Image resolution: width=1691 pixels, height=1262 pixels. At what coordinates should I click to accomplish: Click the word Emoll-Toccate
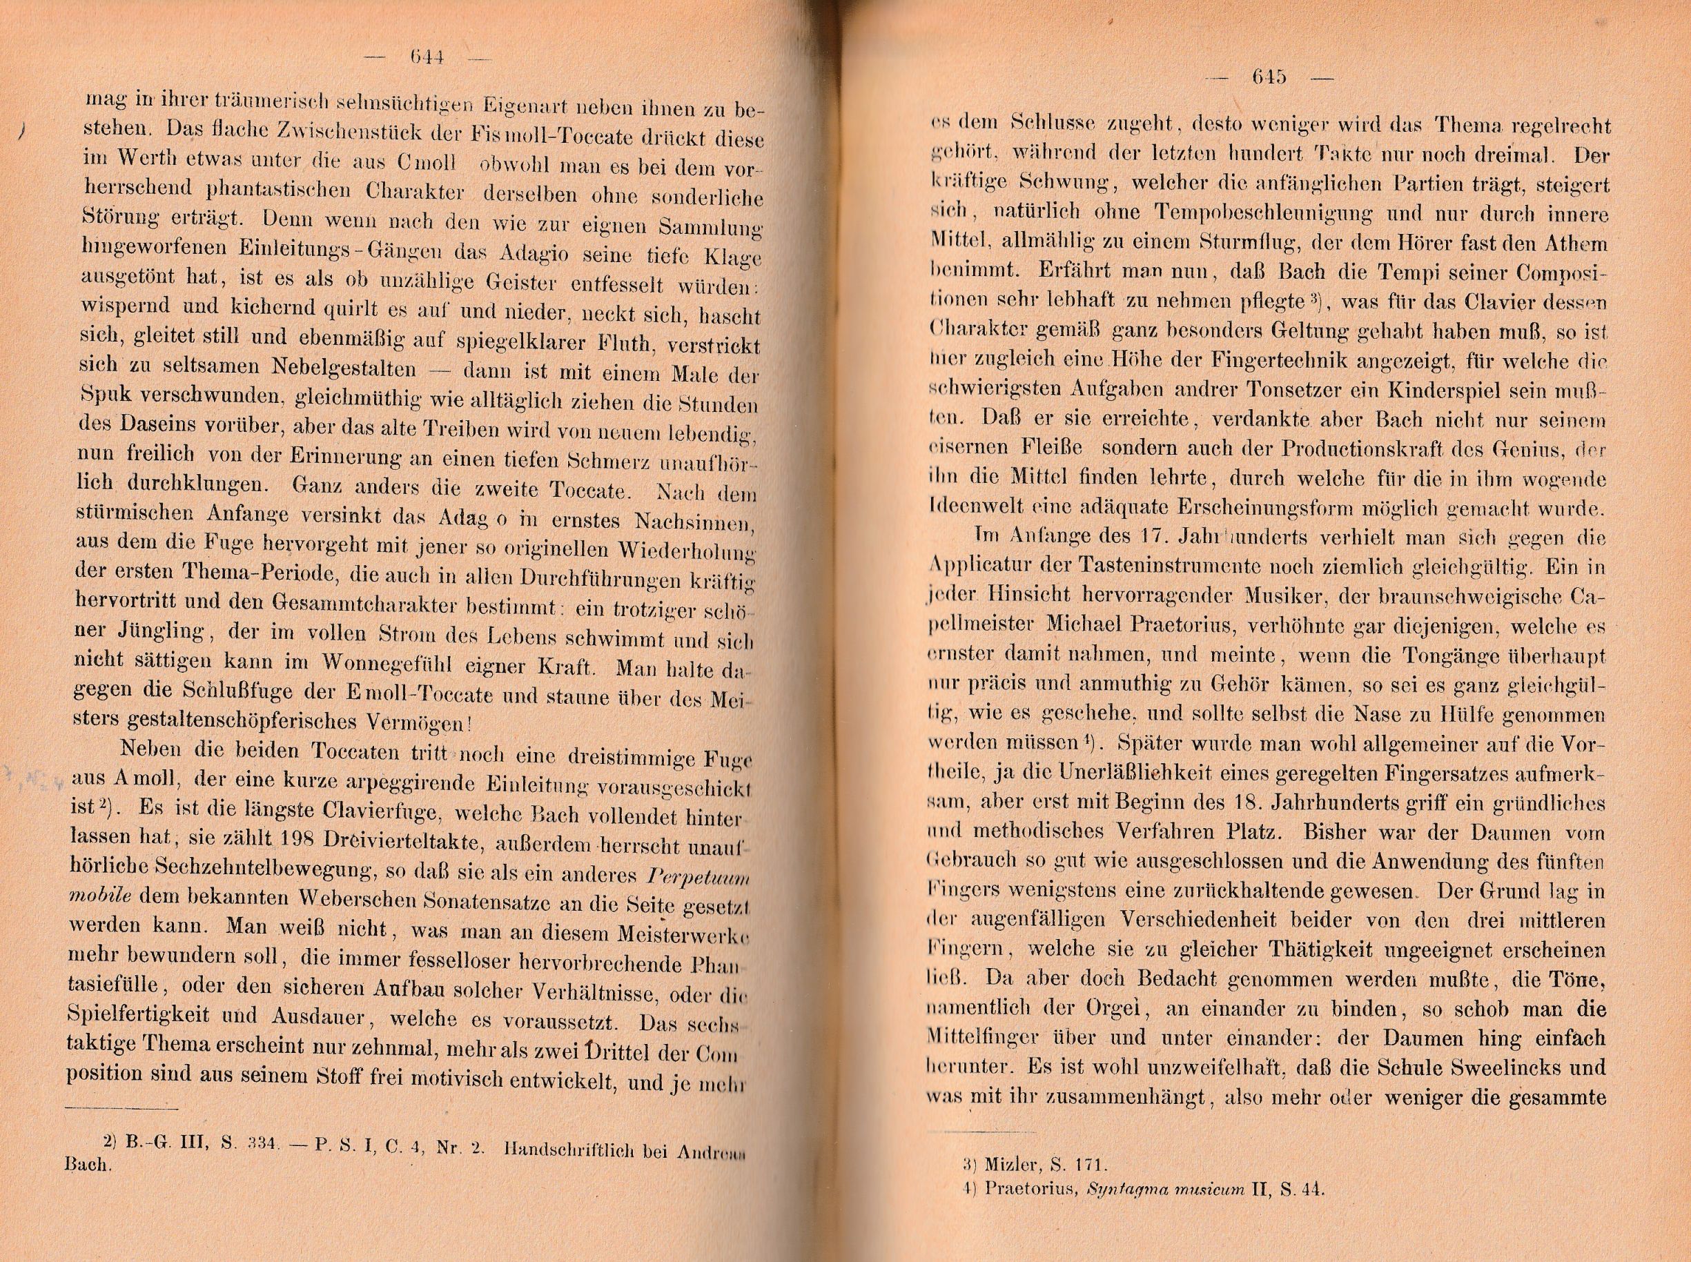(x=433, y=696)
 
